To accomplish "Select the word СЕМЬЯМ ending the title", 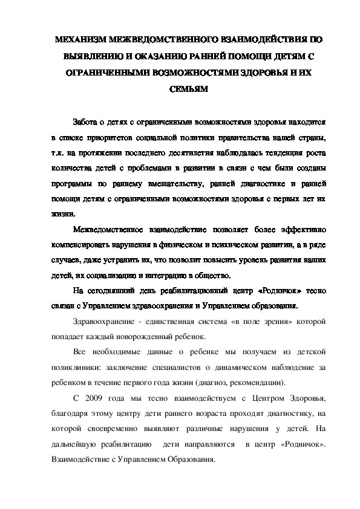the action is click(x=180, y=88).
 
